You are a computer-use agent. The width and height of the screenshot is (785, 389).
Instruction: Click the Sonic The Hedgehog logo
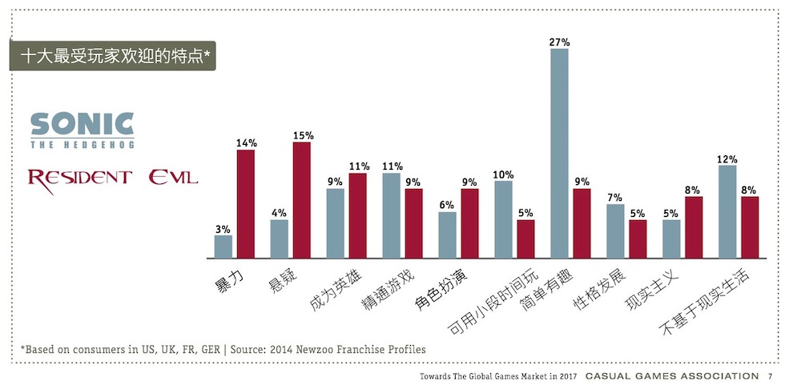[x=82, y=130]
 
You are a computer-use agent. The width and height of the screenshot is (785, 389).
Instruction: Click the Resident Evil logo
[x=112, y=176]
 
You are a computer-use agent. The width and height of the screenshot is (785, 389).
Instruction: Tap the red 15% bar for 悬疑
[x=302, y=200]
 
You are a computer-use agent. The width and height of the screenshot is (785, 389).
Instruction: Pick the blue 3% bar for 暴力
[x=223, y=247]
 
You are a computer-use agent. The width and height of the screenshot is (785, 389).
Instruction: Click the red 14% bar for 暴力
[x=246, y=204]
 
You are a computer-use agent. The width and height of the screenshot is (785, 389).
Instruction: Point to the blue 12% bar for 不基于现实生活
[x=727, y=212]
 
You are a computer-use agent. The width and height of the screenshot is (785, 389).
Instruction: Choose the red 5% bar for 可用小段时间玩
[x=525, y=239]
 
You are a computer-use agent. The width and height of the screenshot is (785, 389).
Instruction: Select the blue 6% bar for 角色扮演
[x=448, y=235]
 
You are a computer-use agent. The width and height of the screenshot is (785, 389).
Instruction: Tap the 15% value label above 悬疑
[x=302, y=135]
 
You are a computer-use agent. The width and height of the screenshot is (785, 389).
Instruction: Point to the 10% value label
[x=503, y=174]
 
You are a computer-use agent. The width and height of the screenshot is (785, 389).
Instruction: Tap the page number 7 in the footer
[x=769, y=376]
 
